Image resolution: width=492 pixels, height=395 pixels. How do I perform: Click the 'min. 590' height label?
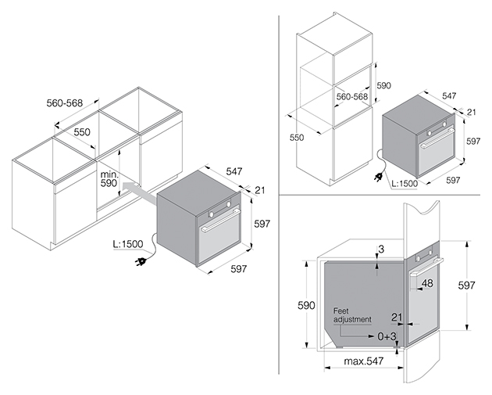109,179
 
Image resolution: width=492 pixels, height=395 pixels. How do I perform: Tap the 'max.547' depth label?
364,361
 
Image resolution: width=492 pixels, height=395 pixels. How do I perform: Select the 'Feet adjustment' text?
352,315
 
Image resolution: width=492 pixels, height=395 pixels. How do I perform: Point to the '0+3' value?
387,336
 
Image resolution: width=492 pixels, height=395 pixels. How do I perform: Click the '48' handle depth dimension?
427,283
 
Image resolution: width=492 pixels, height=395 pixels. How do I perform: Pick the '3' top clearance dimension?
381,250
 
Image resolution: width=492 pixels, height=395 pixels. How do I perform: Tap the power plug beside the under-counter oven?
141,260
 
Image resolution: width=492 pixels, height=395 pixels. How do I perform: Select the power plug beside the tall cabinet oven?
379,178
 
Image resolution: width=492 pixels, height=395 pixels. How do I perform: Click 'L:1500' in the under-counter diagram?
128,244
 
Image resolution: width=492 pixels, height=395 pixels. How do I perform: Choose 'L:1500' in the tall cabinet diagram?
405,184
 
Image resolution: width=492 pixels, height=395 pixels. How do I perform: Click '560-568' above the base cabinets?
65,102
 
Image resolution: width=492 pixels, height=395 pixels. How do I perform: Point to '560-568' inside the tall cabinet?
352,96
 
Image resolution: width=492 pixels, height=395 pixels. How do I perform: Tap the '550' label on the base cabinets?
82,132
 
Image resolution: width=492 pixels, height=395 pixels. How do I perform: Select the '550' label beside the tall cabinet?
297,138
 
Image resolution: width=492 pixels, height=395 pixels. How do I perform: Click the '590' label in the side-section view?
306,305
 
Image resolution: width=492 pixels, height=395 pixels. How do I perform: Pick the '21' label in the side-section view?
397,318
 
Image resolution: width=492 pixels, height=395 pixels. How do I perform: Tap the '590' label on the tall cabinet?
383,85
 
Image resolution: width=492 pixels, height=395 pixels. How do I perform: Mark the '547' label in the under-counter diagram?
234,171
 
